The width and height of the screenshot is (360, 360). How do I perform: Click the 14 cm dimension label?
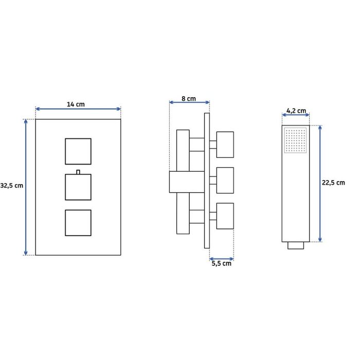76,104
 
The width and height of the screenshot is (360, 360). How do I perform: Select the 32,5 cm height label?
11,186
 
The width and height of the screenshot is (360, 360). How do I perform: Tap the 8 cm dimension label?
189,99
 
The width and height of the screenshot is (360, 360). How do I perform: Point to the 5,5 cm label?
221,263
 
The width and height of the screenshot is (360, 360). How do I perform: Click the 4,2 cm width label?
296,111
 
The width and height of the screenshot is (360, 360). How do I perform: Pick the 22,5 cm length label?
333,183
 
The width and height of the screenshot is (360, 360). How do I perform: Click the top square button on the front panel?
78,151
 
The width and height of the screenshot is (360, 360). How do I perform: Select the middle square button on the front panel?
78,187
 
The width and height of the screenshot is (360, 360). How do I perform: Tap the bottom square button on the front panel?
78,223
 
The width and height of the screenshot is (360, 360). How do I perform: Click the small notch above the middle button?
78,172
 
